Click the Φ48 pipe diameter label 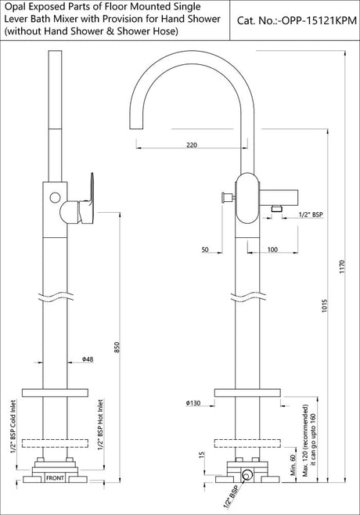[88, 359]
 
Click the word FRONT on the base [55, 477]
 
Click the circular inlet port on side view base [247, 474]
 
